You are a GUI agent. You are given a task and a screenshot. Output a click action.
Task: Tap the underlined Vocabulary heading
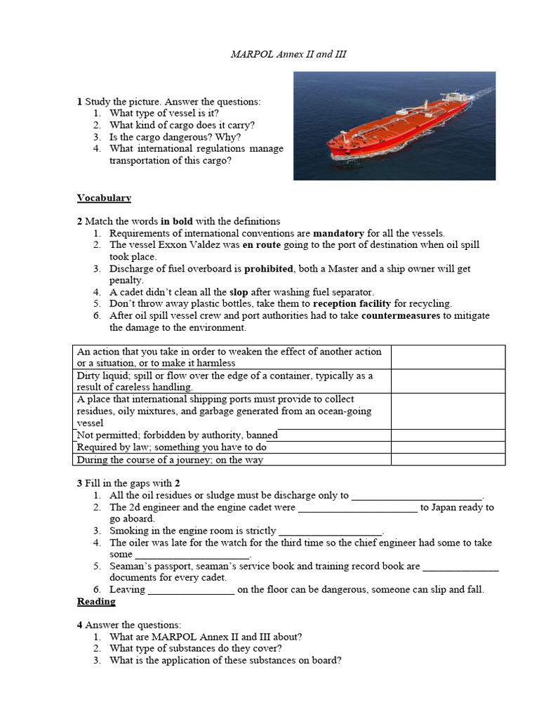(x=104, y=198)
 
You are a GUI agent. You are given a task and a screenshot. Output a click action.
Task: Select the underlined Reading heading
(x=96, y=602)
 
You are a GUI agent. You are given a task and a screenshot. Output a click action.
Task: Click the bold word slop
(x=240, y=292)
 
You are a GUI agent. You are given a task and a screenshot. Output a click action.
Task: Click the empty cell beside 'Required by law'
(x=448, y=447)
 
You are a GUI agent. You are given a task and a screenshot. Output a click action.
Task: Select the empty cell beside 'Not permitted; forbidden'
(x=448, y=435)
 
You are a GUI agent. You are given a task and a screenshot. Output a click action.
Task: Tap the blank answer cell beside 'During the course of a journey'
(x=448, y=460)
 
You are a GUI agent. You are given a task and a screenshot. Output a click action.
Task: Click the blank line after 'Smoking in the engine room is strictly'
(x=330, y=531)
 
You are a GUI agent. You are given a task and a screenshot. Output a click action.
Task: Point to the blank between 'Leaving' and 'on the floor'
(x=191, y=590)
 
